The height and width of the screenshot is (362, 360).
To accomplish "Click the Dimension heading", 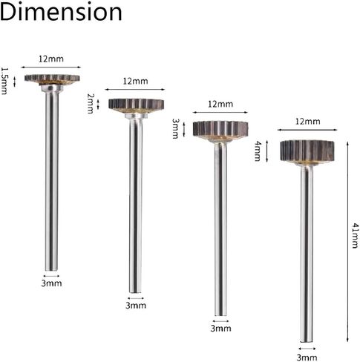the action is point(61,13).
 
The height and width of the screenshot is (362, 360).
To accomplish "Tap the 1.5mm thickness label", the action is point(4,81).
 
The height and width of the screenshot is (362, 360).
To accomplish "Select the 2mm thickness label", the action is point(91,103).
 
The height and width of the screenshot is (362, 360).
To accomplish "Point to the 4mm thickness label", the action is point(258,151).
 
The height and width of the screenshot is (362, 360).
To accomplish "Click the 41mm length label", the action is point(355,235).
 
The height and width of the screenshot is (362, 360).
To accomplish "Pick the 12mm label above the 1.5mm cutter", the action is point(51,59).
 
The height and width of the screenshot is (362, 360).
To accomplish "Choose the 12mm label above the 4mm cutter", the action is point(307,122).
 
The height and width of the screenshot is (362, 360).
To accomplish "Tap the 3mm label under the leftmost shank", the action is point(51,283).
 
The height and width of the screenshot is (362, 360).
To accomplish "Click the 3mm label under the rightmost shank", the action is point(307,358).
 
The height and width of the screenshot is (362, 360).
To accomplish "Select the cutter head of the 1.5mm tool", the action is point(52,79).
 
